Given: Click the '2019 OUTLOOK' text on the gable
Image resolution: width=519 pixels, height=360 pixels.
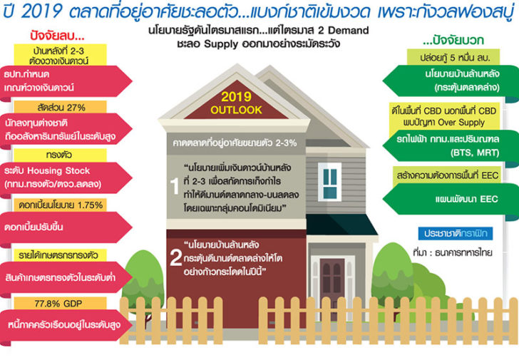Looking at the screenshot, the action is (x=236, y=103).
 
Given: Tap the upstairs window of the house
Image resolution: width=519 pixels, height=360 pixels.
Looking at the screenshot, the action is (x=329, y=182).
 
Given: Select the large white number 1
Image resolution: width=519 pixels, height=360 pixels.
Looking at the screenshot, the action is (x=175, y=186).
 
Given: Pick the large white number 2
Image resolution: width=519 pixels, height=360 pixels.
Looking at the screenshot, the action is (x=175, y=257).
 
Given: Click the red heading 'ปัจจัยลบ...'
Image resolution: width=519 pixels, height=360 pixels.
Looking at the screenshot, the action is (x=57, y=36).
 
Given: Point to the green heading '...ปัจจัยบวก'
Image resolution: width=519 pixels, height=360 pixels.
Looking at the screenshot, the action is (x=453, y=40).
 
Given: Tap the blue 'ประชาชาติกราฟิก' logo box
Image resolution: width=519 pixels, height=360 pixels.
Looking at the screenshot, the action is (x=456, y=233).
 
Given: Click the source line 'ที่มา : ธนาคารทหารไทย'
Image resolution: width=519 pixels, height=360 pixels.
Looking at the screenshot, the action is (x=453, y=252).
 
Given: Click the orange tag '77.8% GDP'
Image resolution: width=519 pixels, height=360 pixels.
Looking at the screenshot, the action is (x=60, y=304).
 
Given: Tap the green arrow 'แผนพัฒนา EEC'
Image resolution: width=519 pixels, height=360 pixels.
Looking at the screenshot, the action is (x=451, y=199).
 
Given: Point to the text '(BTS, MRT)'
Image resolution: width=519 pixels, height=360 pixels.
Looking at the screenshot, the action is (x=475, y=153).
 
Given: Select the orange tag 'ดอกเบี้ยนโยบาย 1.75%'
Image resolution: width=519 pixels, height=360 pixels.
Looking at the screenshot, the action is (x=60, y=205).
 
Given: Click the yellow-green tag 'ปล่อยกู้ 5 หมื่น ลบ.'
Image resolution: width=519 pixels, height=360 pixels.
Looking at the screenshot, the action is (x=453, y=57).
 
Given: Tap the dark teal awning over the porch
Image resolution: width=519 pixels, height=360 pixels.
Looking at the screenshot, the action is (x=341, y=225).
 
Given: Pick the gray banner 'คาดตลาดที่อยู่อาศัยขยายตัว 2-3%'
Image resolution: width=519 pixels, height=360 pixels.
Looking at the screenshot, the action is (x=235, y=143).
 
